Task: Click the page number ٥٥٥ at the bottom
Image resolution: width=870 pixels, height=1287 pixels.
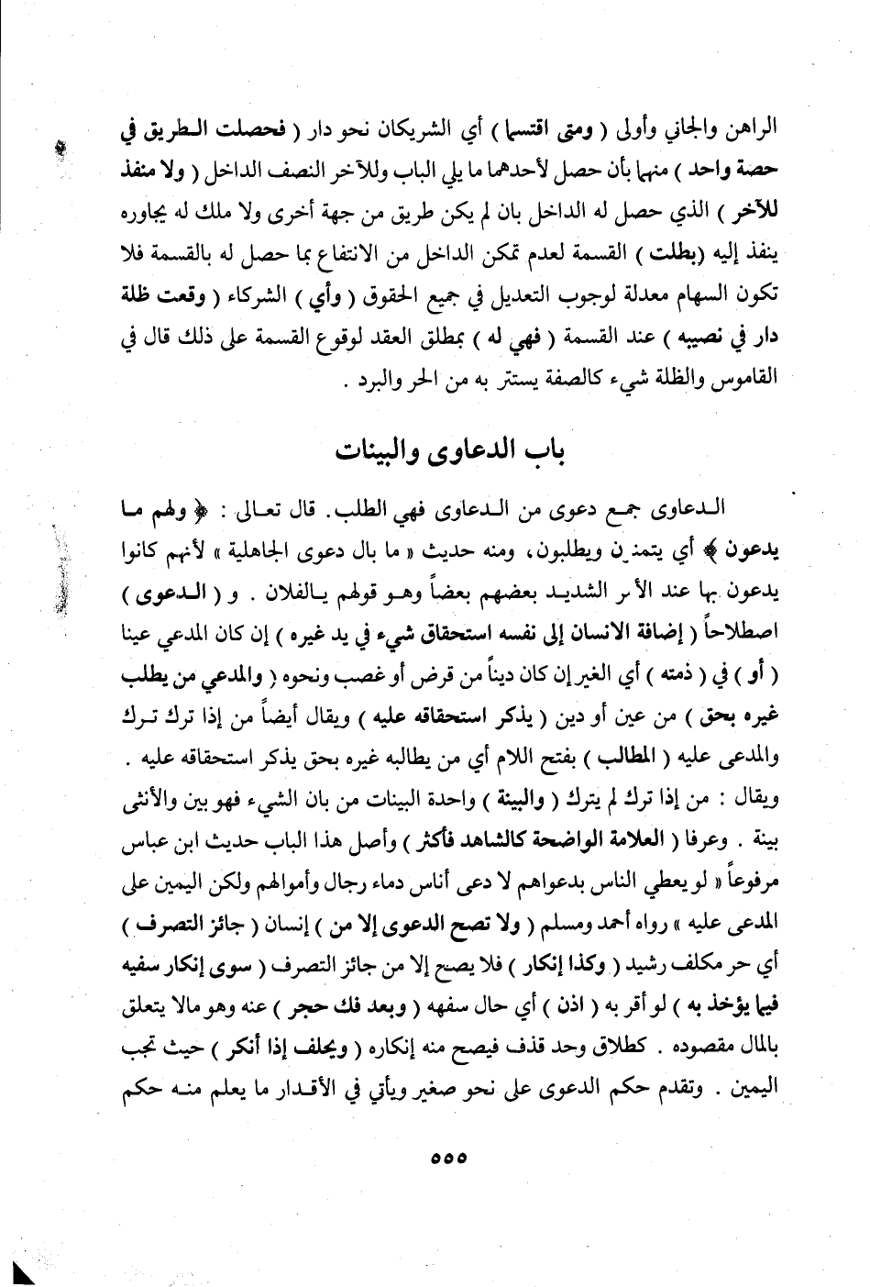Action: [x=448, y=1159]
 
